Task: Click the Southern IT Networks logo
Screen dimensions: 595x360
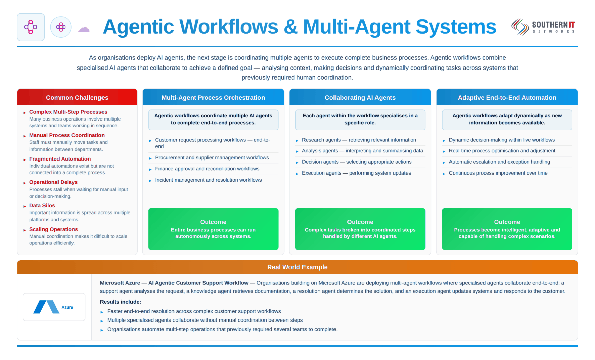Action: pyautogui.click(x=543, y=27)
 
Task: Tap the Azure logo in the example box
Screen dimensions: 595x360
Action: pyautogui.click(x=53, y=307)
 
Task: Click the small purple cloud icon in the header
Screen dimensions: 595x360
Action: pyautogui.click(x=84, y=29)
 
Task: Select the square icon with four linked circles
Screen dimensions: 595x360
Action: pyautogui.click(x=31, y=27)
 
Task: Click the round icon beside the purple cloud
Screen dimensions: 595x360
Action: pyautogui.click(x=61, y=27)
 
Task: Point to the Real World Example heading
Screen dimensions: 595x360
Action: pyautogui.click(x=297, y=267)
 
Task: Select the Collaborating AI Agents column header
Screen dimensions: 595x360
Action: pyautogui.click(x=360, y=97)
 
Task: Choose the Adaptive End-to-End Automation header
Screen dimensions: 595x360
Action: pyautogui.click(x=507, y=97)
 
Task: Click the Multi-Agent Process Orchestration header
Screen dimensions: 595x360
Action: pyautogui.click(x=213, y=97)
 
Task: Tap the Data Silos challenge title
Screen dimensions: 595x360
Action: pyautogui.click(x=42, y=205)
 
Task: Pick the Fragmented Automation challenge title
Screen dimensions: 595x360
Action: pyautogui.click(x=60, y=159)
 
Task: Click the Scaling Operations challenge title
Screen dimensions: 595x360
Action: pyautogui.click(x=53, y=229)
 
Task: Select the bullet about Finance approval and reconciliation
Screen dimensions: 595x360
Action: pyautogui.click(x=207, y=169)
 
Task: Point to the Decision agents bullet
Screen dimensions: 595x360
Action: pyautogui.click(x=356, y=162)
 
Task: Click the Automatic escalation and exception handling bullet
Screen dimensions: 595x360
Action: pyautogui.click(x=499, y=162)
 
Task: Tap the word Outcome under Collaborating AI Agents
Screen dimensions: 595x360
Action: pyautogui.click(x=360, y=222)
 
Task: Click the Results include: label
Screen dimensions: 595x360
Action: pyautogui.click(x=120, y=302)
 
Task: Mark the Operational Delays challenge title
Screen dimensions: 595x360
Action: pyautogui.click(x=53, y=182)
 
